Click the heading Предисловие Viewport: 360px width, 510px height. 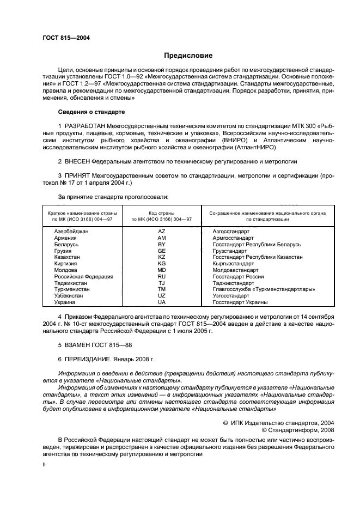pyautogui.click(x=188, y=56)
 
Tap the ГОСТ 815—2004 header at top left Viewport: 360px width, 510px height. pyautogui.click(x=66, y=38)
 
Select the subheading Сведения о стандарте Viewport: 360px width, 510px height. pyautogui.click(x=91, y=112)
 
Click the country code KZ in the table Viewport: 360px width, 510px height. pyautogui.click(x=161, y=256)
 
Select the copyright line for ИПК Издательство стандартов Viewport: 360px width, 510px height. pyautogui.click(x=279, y=422)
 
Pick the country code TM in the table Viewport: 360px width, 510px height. pyautogui.click(x=161, y=289)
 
